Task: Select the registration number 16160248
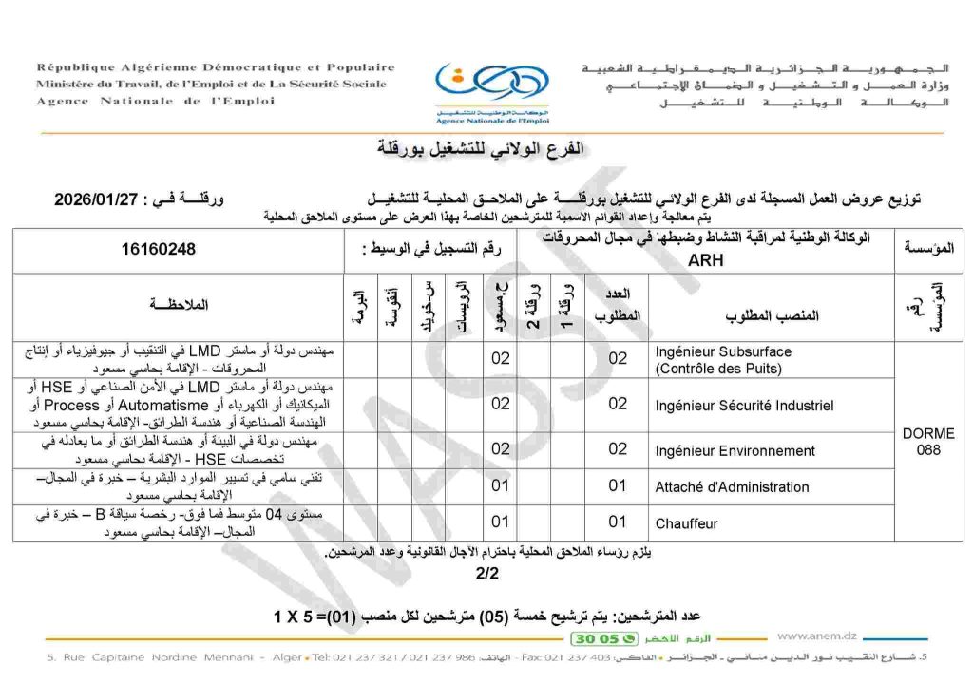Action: (159, 250)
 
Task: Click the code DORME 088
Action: (927, 442)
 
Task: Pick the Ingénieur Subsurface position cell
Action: (722, 359)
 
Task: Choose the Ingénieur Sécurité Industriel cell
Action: (744, 405)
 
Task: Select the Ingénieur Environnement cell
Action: (735, 450)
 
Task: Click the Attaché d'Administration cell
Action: (732, 487)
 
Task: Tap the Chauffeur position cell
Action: (686, 523)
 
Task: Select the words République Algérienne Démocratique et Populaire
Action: (216, 67)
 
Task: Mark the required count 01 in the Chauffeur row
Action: (618, 522)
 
